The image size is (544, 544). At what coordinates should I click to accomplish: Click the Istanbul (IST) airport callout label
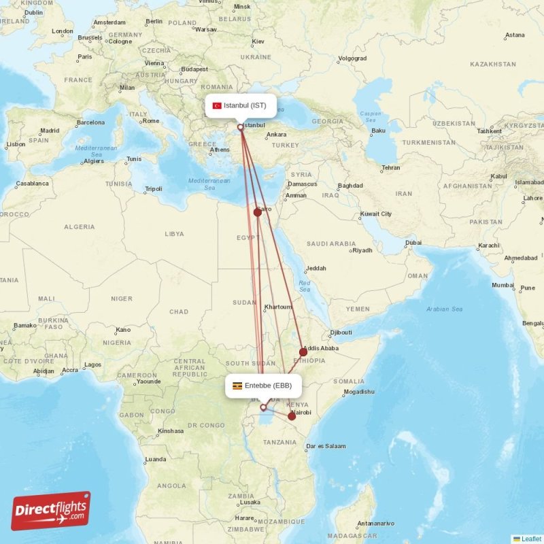(x=241, y=105)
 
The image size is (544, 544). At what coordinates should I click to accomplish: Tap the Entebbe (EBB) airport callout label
(x=263, y=386)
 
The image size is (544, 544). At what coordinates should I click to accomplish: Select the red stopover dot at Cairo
(x=258, y=212)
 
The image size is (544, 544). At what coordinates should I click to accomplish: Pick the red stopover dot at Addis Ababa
(x=303, y=352)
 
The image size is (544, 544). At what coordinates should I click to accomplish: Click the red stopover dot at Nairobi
(x=292, y=416)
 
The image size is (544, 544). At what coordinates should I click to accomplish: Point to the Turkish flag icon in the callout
(x=217, y=105)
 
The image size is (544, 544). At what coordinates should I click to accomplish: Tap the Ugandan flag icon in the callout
(x=237, y=386)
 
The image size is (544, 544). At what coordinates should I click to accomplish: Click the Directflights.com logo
(x=51, y=511)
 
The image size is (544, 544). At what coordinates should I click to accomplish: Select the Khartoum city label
(x=277, y=307)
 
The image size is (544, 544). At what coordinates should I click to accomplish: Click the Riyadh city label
(x=362, y=250)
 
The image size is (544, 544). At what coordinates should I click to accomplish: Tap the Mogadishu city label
(x=359, y=392)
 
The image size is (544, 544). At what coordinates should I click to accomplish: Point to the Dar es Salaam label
(x=326, y=446)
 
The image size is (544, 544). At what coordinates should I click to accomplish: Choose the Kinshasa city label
(x=171, y=430)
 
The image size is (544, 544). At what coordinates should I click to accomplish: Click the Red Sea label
(x=305, y=286)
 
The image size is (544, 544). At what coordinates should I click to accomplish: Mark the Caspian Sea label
(x=371, y=117)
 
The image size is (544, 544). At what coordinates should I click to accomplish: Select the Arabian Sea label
(x=445, y=309)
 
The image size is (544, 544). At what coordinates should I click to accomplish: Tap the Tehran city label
(x=390, y=168)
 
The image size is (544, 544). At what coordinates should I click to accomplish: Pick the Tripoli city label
(x=154, y=188)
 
